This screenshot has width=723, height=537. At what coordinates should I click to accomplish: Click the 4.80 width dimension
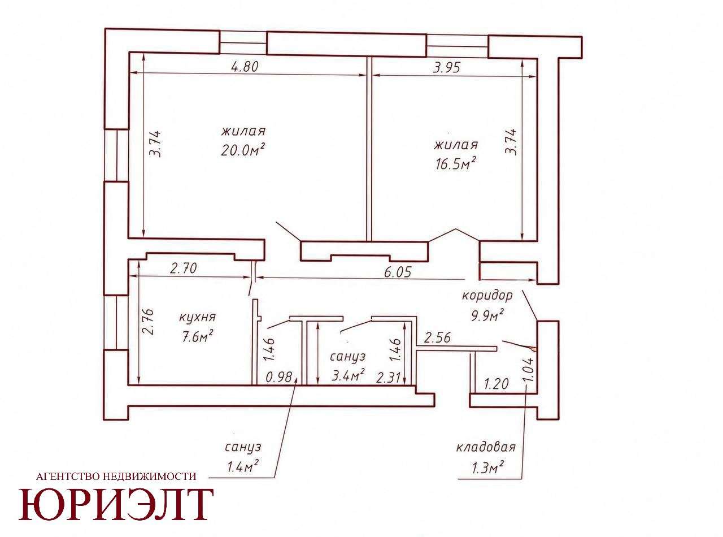coord(244,67)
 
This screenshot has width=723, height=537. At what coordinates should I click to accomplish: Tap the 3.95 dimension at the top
coord(446,67)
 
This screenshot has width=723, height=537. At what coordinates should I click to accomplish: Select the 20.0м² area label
coord(242,150)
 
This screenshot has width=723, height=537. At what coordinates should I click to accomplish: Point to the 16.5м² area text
coord(455,164)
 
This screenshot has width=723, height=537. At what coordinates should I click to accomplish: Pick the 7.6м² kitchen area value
coord(198,336)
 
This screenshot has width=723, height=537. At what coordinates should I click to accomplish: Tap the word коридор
coord(487,296)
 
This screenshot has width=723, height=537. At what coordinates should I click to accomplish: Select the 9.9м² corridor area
coord(487,315)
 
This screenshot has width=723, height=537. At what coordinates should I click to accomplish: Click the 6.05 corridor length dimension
coord(397,271)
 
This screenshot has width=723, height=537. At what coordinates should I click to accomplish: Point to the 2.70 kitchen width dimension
coord(184,268)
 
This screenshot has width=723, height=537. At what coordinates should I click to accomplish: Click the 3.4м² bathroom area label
coord(347,376)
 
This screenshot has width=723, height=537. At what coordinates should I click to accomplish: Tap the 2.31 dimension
coord(389,378)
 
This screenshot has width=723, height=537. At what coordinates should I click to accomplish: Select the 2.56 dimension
coord(437,337)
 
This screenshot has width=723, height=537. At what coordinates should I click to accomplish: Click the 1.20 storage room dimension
coord(496,384)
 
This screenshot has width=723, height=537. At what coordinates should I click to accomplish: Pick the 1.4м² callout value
coord(243,468)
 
